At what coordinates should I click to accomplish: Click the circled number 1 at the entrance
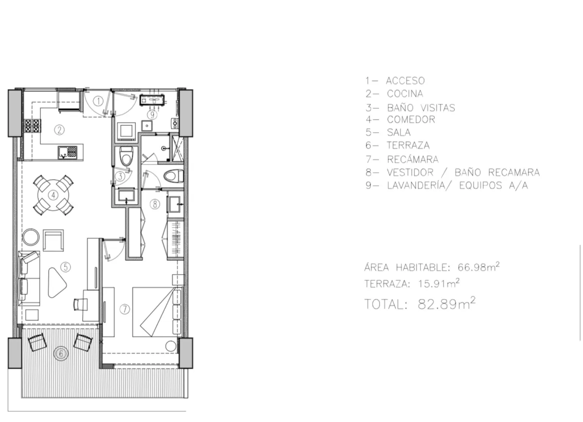98,101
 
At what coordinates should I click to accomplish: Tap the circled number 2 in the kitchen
59,130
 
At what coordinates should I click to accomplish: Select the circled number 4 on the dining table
53,195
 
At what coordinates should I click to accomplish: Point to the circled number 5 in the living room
65,267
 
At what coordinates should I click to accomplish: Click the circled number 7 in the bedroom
125,309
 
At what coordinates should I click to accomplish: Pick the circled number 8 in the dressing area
155,204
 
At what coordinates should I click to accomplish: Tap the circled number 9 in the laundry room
152,115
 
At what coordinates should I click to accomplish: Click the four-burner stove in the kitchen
33,126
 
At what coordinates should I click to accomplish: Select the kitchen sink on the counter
68,152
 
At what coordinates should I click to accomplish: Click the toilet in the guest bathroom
126,155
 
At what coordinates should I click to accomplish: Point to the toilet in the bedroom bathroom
173,176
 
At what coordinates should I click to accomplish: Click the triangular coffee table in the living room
57,283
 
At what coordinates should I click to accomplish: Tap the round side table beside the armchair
31,237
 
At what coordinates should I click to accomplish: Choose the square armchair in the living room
53,240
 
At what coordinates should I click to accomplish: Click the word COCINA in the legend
405,94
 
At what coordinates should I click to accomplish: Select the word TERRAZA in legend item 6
408,145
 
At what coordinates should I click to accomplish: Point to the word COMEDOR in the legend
411,119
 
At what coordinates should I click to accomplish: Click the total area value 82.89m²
446,303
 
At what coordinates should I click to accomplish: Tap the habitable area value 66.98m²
479,267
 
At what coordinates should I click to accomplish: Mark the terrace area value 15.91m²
439,283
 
